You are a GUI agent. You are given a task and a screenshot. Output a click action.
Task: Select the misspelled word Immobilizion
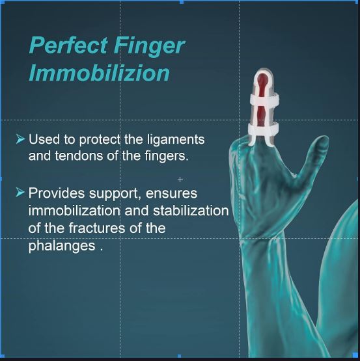[x=99, y=73]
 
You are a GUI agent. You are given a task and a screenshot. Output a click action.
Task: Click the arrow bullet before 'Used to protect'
[x=20, y=139]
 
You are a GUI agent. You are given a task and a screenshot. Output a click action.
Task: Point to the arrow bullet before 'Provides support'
[x=20, y=193]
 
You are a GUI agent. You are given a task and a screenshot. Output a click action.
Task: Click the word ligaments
[x=177, y=140]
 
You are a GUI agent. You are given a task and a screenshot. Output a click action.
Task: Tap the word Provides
[x=56, y=193]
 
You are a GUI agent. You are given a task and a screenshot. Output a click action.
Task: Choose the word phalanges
[x=61, y=247]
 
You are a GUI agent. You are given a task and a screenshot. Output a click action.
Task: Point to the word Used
[x=43, y=140]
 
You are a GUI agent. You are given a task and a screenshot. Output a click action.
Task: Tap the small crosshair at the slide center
[x=180, y=180]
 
